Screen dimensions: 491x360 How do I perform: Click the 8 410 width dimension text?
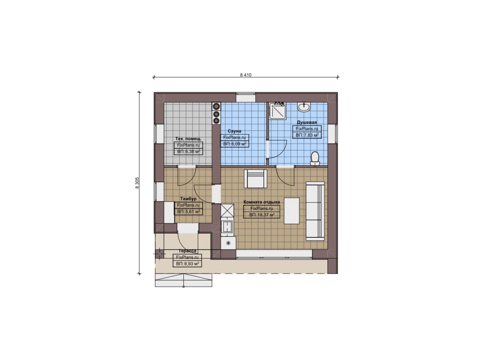pyautogui.click(x=246, y=75)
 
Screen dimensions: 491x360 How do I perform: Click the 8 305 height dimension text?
pyautogui.click(x=137, y=183)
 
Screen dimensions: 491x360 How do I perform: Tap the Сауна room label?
pyautogui.click(x=234, y=131)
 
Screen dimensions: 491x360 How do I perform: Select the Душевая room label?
pyautogui.click(x=307, y=122)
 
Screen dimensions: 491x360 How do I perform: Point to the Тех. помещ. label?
pyautogui.click(x=188, y=139)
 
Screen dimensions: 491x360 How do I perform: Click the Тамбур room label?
pyautogui.click(x=188, y=199)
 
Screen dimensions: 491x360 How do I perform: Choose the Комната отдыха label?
pyautogui.click(x=262, y=202)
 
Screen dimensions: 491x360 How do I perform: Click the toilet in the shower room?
pyautogui.click(x=315, y=159)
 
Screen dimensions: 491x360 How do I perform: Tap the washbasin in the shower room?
pyautogui.click(x=304, y=107)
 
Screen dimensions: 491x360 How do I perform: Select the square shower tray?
pyautogui.click(x=277, y=111)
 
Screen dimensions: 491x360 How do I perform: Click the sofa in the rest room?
pyautogui.click(x=315, y=211)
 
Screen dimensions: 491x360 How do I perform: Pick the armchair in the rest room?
pyautogui.click(x=255, y=179)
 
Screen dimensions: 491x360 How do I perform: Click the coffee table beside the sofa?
pyautogui.click(x=292, y=211)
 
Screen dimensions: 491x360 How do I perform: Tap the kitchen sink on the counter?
pyautogui.click(x=227, y=226)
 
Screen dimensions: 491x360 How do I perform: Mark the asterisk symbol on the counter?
pyautogui.click(x=228, y=243)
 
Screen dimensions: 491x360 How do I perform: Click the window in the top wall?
pyautogui.click(x=246, y=97)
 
